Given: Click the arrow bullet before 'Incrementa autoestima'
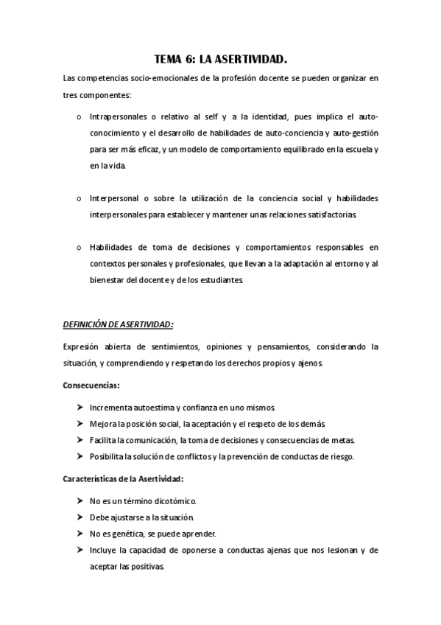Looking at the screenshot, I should click(x=79, y=407).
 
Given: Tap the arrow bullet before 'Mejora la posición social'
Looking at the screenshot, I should click(x=79, y=424).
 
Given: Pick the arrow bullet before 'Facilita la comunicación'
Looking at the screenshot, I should click(x=79, y=440).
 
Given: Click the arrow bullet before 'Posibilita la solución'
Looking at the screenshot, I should click(x=79, y=457).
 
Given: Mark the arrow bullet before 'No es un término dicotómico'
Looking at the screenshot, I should click(x=79, y=500).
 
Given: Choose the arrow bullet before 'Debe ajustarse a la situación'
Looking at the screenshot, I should click(x=79, y=517).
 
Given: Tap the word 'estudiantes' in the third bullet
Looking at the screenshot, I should click(x=237, y=281).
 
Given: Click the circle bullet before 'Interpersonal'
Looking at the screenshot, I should click(x=79, y=199).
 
